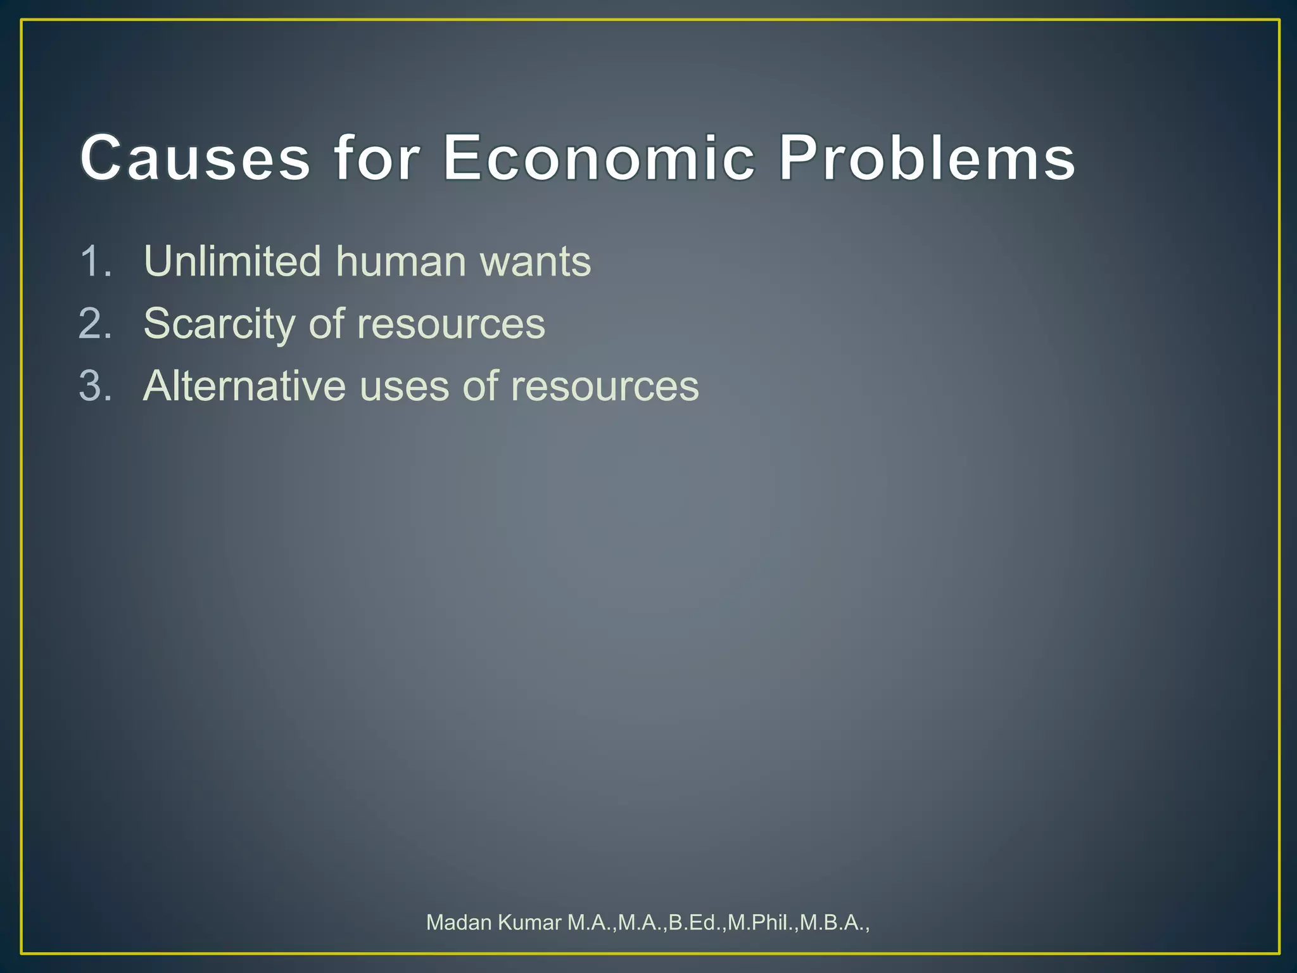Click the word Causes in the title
[x=195, y=158]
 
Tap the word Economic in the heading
[x=598, y=158]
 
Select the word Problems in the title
[x=927, y=158]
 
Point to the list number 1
[x=95, y=261]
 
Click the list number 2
[x=95, y=324]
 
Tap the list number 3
[x=95, y=386]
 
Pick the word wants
[x=535, y=262]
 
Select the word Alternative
[x=244, y=386]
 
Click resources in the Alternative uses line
[x=605, y=387]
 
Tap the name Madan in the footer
[x=459, y=922]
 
